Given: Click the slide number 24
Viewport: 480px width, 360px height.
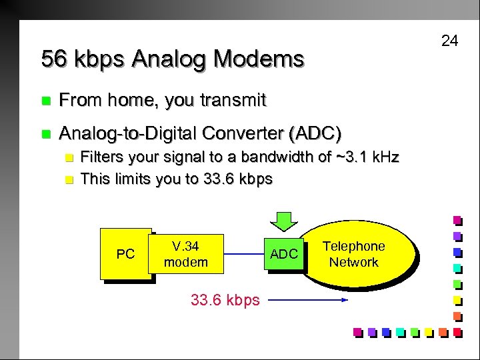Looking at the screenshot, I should [450, 41].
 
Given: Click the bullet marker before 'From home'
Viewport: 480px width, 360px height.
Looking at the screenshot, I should [45, 102].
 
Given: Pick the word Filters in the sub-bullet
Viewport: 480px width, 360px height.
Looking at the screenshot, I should [100, 158].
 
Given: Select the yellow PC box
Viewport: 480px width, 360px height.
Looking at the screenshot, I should [125, 254].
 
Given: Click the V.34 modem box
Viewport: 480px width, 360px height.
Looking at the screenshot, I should [185, 254].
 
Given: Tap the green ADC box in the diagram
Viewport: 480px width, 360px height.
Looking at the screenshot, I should [283, 254].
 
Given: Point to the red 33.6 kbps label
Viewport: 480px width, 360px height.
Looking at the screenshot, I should [225, 300].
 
